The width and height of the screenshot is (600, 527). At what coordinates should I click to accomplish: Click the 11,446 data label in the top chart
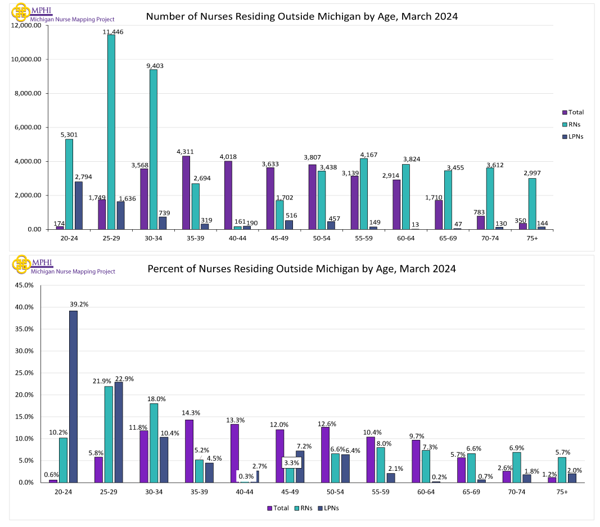[x=113, y=32]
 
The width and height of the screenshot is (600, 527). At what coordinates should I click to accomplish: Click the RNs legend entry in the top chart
[x=572, y=124]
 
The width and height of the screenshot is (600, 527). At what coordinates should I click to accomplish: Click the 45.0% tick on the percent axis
[x=24, y=285]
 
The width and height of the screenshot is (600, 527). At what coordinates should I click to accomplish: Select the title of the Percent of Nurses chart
[x=301, y=269]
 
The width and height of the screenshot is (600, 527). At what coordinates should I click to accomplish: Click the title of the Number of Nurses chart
[x=301, y=16]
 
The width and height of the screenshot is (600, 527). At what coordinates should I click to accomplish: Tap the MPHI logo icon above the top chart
[x=21, y=11]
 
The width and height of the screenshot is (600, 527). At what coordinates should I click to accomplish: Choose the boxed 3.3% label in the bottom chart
[x=292, y=464]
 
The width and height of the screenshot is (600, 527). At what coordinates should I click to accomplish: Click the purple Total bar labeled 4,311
[x=186, y=192]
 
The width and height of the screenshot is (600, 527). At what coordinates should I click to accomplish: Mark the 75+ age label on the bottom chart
[x=561, y=492]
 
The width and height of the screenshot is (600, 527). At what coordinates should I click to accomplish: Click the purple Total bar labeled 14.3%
[x=189, y=451]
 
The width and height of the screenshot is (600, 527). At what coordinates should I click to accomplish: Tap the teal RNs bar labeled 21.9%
[x=109, y=434]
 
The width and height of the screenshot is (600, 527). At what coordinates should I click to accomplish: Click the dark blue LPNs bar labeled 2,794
[x=78, y=205]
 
